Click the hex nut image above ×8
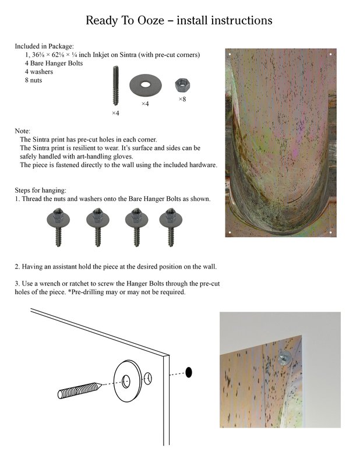pos(182,86)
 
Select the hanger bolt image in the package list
pos(115,86)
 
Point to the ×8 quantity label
pos(182,100)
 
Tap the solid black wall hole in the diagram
pos(189,372)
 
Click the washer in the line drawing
pos(126,380)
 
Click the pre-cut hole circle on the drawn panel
pos(148,379)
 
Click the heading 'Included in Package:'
pos(44,45)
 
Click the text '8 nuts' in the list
pos(33,80)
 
